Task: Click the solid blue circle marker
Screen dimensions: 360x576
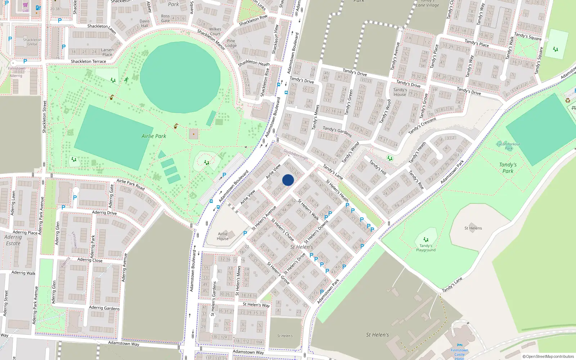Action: click(288, 180)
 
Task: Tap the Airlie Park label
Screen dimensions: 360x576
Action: click(154, 136)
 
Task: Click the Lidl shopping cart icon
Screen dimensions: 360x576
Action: click(25, 5)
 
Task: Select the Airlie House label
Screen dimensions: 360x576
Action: click(223, 236)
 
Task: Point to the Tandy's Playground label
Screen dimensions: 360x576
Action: click(426, 248)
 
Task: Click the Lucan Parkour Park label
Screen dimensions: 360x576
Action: click(508, 146)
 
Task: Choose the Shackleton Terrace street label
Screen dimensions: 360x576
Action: click(88, 62)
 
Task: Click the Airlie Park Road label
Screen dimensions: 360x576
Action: click(130, 185)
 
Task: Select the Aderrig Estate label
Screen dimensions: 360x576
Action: click(13, 240)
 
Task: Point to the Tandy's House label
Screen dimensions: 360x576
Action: click(400, 92)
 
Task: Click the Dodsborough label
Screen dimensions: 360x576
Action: click(296, 154)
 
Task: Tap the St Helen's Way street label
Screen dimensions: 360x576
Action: click(256, 305)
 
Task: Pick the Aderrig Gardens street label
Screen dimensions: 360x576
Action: click(104, 308)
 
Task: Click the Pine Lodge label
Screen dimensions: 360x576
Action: click(231, 43)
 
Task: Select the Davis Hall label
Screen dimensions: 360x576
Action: click(145, 23)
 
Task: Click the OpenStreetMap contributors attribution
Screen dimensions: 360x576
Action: click(548, 356)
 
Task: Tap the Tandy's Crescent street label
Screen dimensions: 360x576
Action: click(422, 126)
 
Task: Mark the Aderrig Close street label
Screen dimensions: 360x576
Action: click(90, 260)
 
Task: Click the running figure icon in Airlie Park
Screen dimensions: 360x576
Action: click(126, 80)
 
